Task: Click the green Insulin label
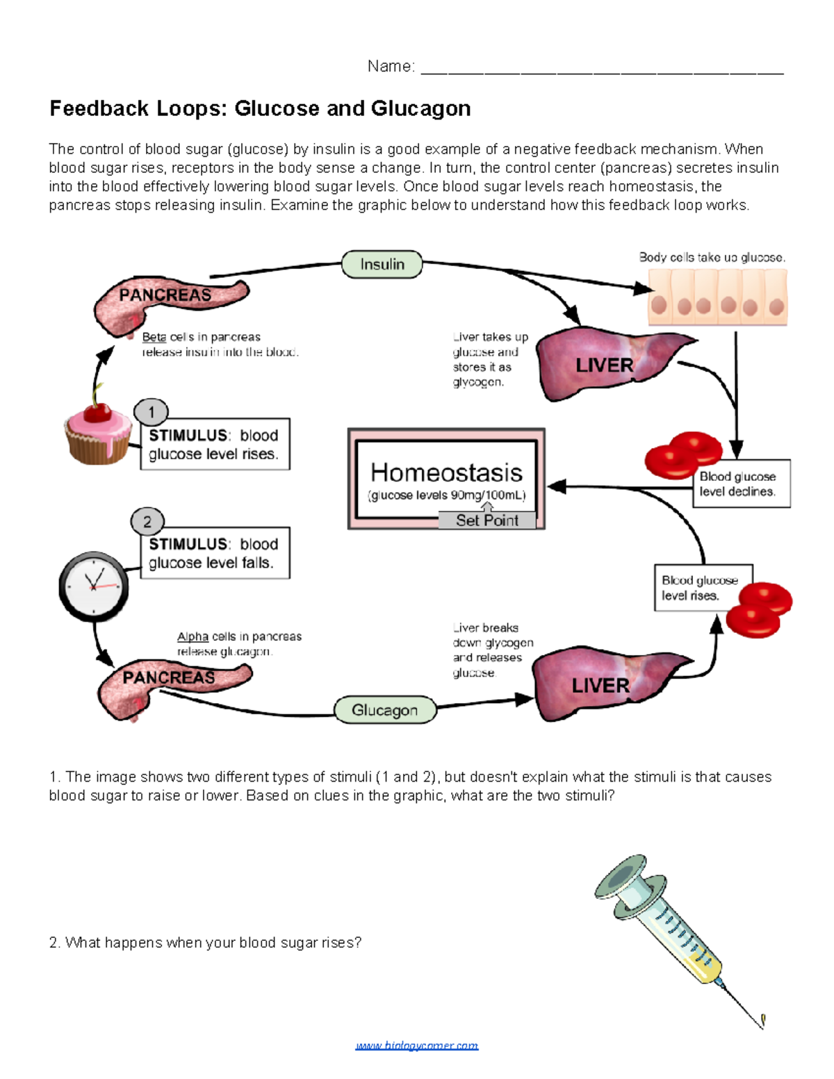tap(382, 265)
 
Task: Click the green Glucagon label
tap(385, 710)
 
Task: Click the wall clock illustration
tap(93, 586)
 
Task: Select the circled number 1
tap(151, 412)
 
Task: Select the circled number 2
tap(147, 521)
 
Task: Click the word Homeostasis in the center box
tap(446, 472)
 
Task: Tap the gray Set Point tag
tap(486, 520)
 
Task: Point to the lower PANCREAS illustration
tap(170, 684)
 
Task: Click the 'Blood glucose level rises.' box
tap(702, 588)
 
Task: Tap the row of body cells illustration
tap(717, 297)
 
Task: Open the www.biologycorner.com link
tap(416, 1046)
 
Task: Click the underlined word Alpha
tap(193, 636)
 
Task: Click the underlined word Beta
tap(154, 337)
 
